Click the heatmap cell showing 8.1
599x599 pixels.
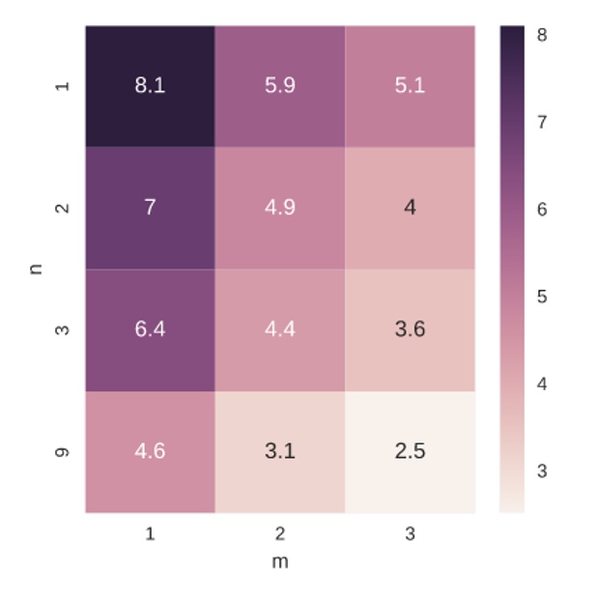point(150,86)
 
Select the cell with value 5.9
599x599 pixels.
point(279,86)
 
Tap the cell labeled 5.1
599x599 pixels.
point(410,86)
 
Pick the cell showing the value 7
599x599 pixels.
point(150,208)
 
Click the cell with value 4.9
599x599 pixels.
point(279,208)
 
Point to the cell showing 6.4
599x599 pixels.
point(150,329)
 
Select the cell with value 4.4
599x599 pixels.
point(279,329)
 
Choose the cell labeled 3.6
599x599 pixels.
point(410,329)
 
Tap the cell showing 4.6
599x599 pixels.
point(150,451)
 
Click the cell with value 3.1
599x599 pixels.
point(279,451)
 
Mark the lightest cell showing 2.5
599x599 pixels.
point(410,451)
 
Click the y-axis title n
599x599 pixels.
point(37,269)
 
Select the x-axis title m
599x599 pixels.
point(280,561)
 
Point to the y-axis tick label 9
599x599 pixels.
point(64,451)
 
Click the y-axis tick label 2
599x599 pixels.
point(64,208)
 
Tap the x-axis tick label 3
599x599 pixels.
point(410,533)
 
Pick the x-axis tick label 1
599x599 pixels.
point(150,533)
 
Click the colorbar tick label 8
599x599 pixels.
point(542,35)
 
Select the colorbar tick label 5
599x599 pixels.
point(542,297)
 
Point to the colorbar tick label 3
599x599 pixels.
point(542,471)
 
